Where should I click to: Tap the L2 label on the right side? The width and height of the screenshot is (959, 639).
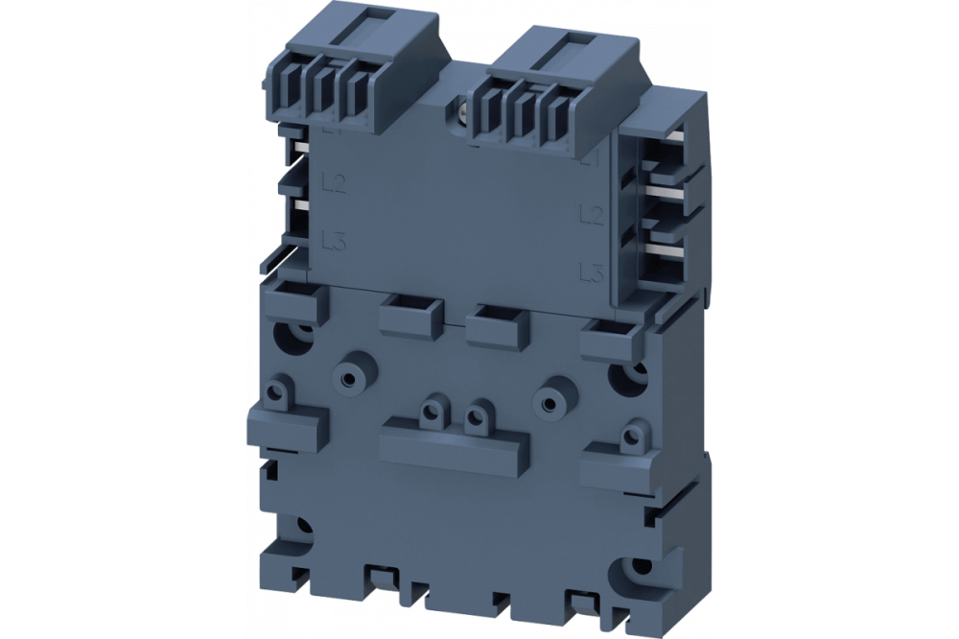(x=592, y=214)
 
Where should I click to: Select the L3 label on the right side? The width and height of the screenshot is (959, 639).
(x=592, y=273)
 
